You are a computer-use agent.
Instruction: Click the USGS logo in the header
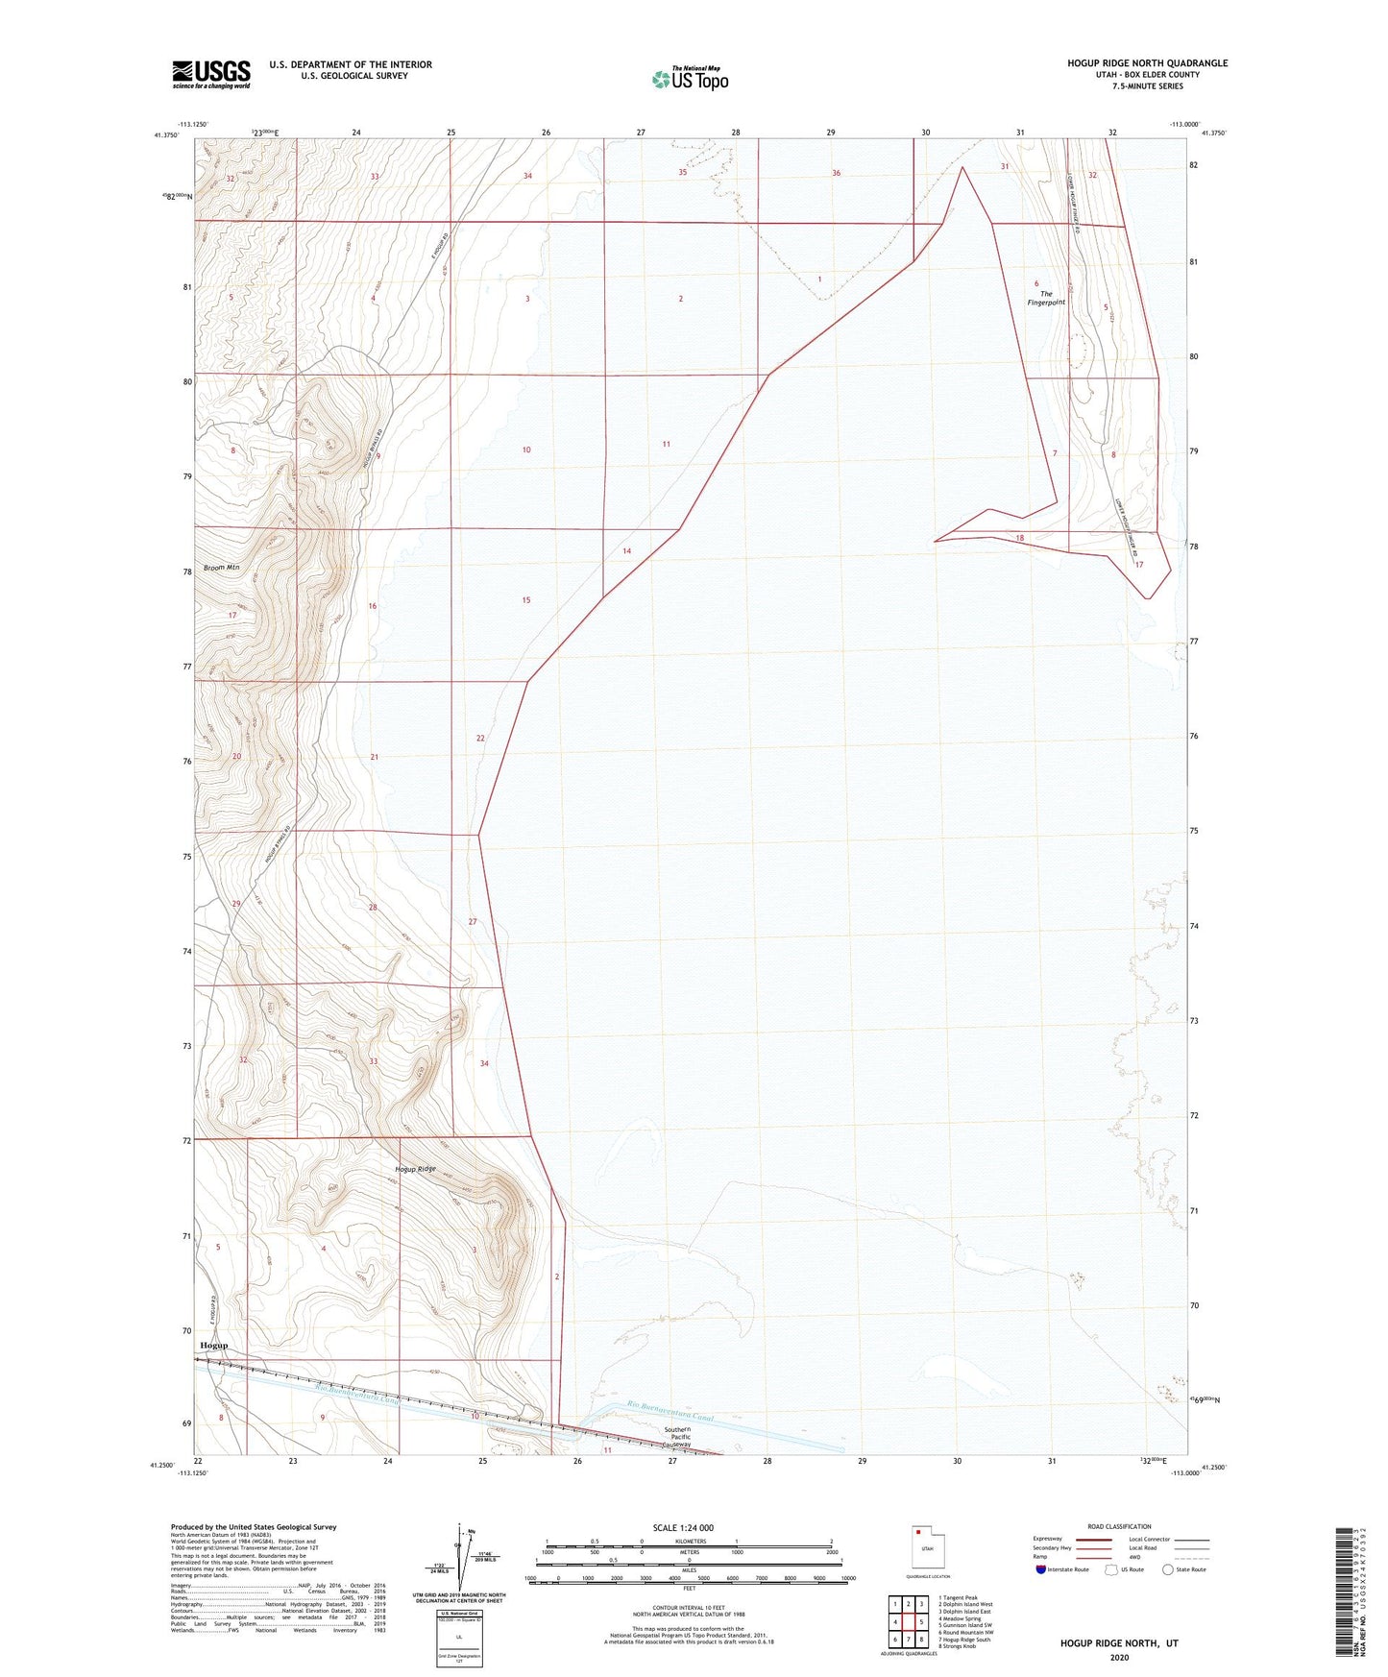tap(210, 74)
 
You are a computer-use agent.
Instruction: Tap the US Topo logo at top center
tap(690, 79)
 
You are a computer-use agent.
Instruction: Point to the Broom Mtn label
tap(220, 568)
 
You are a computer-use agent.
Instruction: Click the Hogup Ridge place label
tap(416, 1169)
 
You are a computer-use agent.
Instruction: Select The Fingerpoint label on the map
tap(1046, 299)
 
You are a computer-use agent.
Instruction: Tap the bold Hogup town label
tap(213, 1346)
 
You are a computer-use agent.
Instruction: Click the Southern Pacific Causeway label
tap(677, 1437)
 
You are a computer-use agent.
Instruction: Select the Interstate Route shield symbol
tap(1042, 1569)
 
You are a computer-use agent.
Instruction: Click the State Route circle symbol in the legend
tap(1168, 1569)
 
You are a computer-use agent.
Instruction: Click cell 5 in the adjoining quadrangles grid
tap(921, 1622)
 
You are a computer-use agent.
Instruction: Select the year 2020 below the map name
tap(1119, 1657)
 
